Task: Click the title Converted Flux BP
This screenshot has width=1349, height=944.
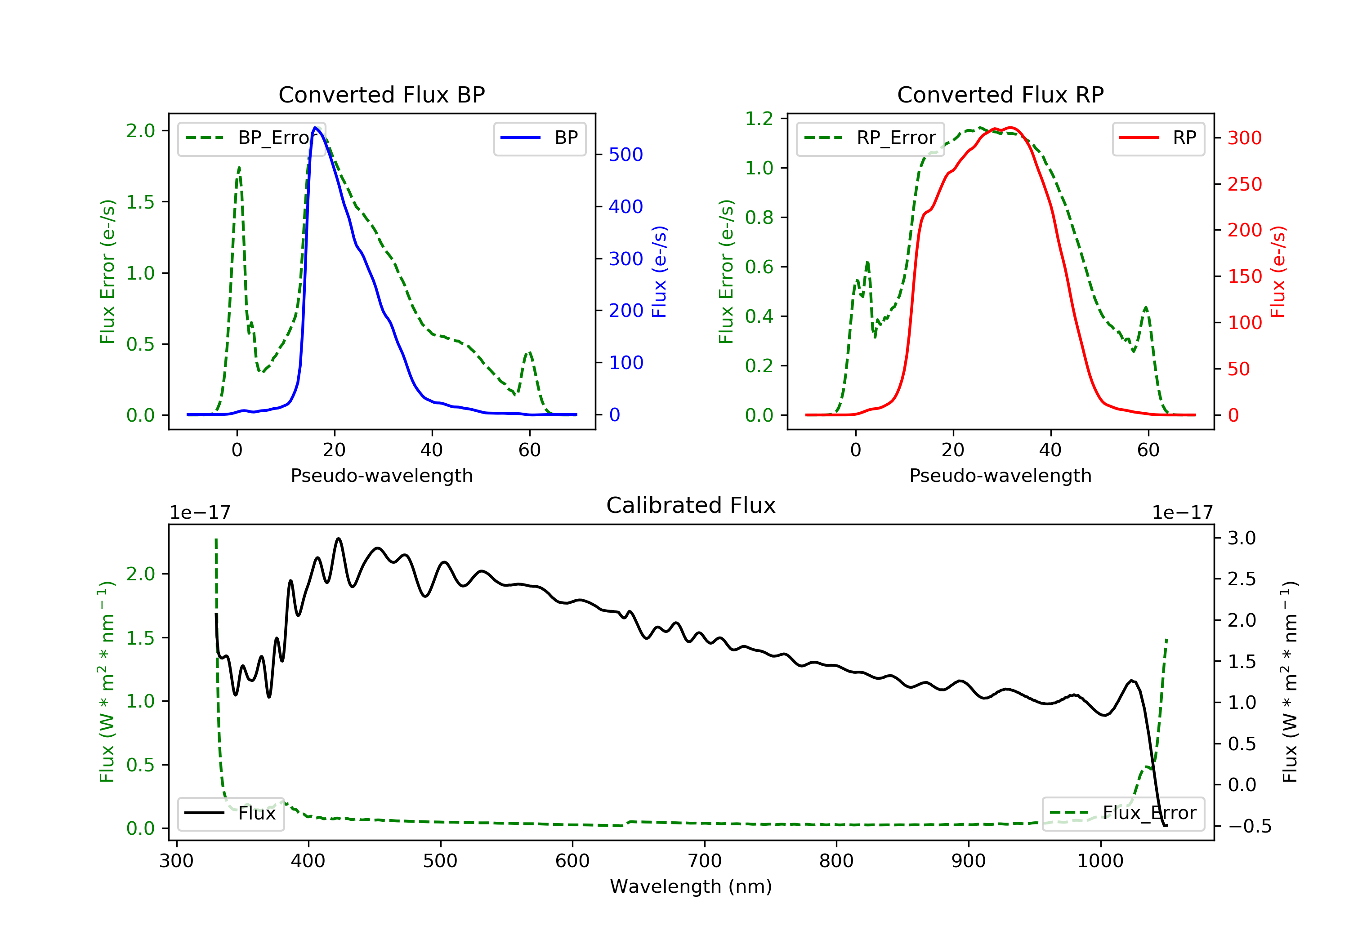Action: [381, 94]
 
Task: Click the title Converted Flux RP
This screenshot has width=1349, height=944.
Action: [1000, 94]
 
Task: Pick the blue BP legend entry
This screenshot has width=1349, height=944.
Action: [539, 138]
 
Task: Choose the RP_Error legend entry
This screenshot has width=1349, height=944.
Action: [870, 138]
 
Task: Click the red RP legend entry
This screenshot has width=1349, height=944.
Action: [1158, 138]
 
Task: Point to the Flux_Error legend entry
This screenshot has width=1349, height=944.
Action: [1123, 813]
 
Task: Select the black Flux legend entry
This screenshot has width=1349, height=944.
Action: [230, 813]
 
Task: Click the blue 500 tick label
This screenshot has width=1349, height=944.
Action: [626, 155]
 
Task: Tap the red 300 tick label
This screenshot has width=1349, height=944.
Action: [1244, 138]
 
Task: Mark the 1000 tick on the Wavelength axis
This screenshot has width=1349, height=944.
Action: [1100, 861]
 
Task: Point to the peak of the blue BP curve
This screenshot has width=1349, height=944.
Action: [316, 128]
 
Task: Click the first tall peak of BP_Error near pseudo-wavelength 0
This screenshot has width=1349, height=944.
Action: [239, 168]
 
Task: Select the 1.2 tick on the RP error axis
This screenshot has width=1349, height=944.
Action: [759, 119]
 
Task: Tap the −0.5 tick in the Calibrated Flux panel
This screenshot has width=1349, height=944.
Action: [1249, 827]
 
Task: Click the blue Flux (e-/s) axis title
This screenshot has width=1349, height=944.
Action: [659, 272]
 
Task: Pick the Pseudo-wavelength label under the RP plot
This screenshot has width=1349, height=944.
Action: [1000, 475]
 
